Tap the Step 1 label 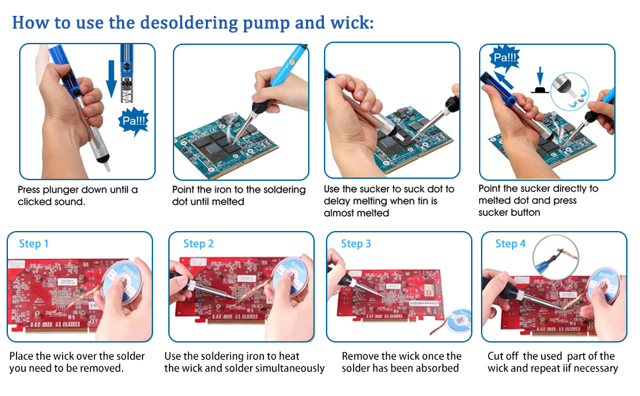34,244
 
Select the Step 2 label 198,244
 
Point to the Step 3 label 356,244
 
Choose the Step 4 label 510,244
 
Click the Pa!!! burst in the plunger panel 135,121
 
